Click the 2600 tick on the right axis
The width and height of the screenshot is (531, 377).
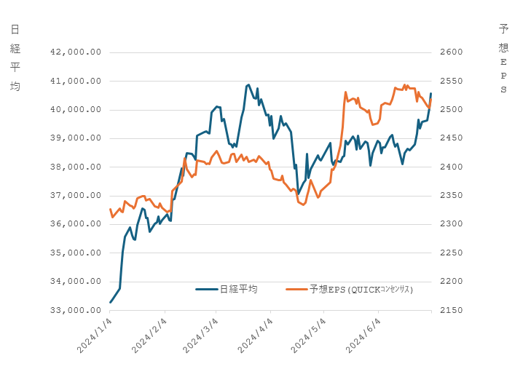[452, 52]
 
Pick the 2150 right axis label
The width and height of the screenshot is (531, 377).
[452, 310]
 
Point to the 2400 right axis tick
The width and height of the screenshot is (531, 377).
[452, 167]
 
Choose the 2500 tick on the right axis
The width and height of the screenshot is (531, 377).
[452, 110]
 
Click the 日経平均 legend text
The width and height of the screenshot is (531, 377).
[238, 289]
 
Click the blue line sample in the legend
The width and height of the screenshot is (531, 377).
[207, 289]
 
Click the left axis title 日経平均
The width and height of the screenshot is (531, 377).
[15, 57]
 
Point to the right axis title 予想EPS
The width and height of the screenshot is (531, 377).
[503, 58]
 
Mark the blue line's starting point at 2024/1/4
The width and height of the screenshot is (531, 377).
[111, 302]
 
